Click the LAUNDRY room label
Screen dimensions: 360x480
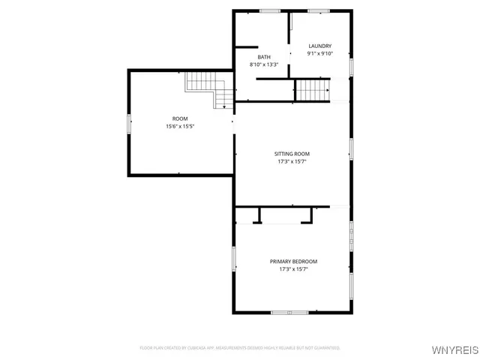(x=319, y=46)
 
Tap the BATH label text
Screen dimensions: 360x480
(x=264, y=58)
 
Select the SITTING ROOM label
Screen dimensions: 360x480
(x=292, y=154)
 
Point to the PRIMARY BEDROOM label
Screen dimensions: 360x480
(x=293, y=262)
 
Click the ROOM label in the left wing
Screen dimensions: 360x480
(x=180, y=119)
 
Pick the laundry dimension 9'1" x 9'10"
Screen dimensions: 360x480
(x=319, y=53)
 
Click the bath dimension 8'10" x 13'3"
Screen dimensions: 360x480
(x=264, y=64)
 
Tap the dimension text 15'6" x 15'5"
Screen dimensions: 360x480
(x=180, y=126)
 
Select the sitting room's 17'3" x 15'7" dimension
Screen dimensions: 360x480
(x=292, y=161)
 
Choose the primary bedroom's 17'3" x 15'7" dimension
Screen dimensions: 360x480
(x=293, y=268)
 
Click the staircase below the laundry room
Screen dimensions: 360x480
(x=312, y=90)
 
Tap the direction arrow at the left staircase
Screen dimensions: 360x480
(x=224, y=106)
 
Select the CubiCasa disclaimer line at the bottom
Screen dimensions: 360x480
(x=240, y=348)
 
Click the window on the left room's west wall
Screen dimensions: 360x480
(x=129, y=123)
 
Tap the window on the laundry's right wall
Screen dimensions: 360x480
(x=351, y=66)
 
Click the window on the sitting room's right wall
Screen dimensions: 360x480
(x=351, y=148)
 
